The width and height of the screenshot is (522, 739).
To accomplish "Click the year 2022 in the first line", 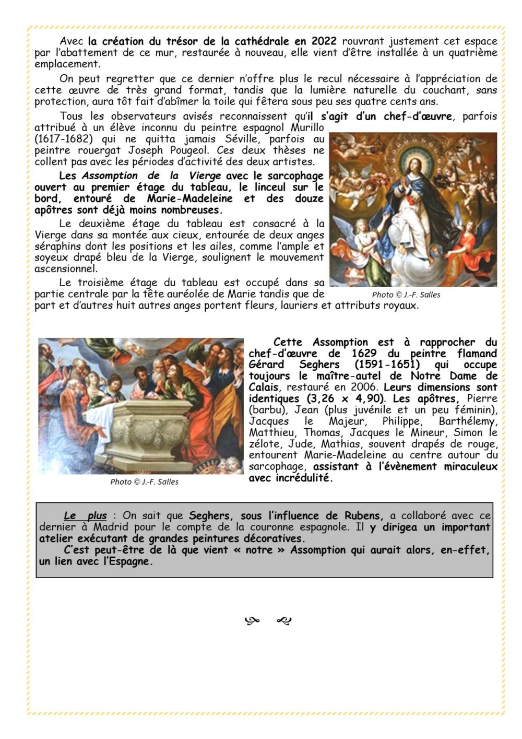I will [324, 41].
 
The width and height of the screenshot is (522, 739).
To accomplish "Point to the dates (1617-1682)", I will [60, 139].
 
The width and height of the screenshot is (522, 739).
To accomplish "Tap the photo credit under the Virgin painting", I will [406, 295].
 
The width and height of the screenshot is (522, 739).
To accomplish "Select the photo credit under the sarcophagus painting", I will [144, 482].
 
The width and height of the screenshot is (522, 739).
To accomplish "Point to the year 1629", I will [360, 354].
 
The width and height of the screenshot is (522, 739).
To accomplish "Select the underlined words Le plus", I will [85, 516].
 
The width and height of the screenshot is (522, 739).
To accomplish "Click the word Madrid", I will [114, 527].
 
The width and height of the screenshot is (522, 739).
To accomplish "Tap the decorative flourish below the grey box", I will [268, 620].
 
